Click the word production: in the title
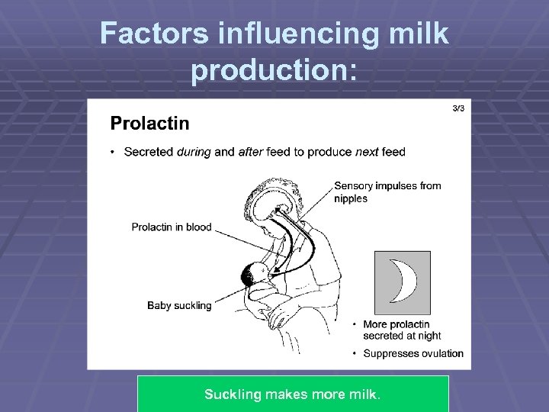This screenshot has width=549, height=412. tap(274, 69)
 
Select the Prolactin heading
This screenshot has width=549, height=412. tap(149, 123)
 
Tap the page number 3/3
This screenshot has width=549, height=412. tap(457, 108)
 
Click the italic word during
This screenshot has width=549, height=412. tap(194, 152)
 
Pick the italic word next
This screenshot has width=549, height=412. tap(366, 152)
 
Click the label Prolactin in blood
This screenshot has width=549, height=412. tap(171, 227)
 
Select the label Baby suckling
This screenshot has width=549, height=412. tap(179, 305)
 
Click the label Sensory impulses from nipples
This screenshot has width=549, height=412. tap(387, 192)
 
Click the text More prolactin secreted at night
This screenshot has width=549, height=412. tap(402, 330)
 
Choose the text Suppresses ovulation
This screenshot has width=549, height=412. tap(413, 353)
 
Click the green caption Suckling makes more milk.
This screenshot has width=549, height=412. tap(292, 394)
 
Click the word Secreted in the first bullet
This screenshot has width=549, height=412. tap(149, 152)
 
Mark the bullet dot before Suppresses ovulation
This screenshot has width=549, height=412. tap(355, 353)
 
